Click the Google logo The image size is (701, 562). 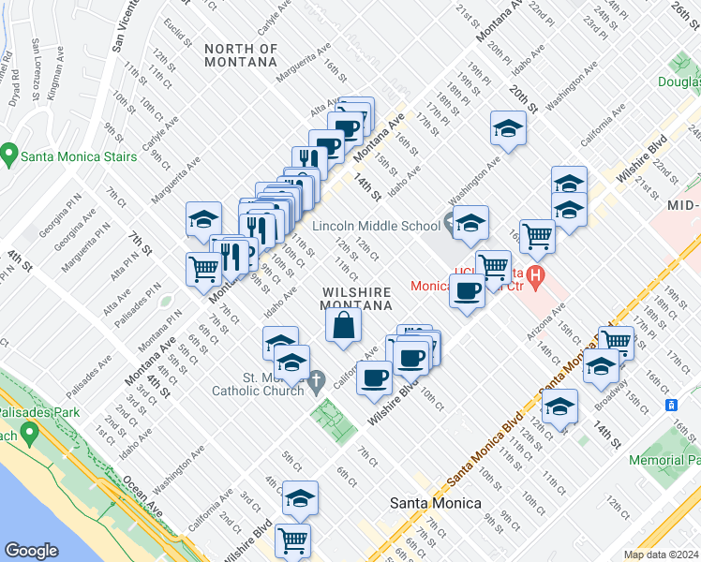click(32, 551)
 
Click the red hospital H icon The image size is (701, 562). click(535, 275)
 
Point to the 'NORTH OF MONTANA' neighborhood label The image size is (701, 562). click(241, 54)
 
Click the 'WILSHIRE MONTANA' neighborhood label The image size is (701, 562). click(356, 299)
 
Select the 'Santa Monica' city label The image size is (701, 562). click(435, 503)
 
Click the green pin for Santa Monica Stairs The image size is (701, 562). click(10, 154)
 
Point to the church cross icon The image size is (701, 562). click(317, 381)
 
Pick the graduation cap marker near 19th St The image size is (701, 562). click(507, 128)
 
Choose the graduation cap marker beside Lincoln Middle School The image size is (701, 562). click(471, 223)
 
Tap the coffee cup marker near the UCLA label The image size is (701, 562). click(467, 289)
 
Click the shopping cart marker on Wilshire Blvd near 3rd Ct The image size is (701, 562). click(293, 540)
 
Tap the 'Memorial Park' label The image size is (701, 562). click(664, 460)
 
